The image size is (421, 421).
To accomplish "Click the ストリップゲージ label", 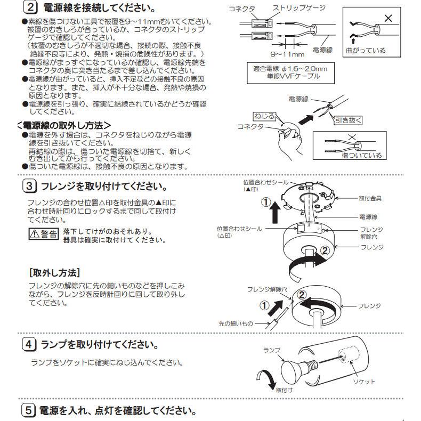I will pyautogui.click(x=299, y=9).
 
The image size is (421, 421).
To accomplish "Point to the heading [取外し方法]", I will pyautogui.click(x=54, y=272).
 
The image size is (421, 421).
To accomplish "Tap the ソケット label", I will pyautogui.click(x=365, y=382).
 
